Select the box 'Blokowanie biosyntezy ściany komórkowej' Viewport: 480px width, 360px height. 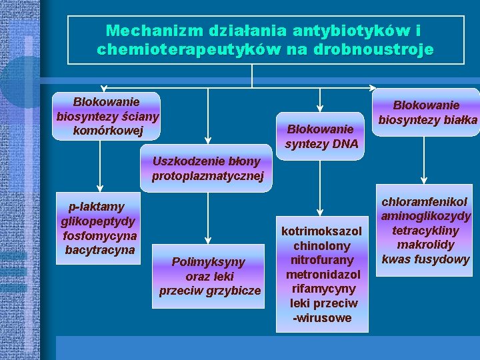[107, 116]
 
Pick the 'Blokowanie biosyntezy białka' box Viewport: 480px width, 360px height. [427, 113]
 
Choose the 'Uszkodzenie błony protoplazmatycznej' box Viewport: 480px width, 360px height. [207, 169]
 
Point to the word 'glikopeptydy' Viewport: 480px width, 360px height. [97, 221]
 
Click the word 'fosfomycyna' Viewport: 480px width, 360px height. [99, 236]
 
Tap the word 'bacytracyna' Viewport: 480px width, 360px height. [99, 250]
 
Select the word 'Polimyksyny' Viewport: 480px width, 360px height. [208, 261]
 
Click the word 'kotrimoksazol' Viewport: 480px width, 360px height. [322, 231]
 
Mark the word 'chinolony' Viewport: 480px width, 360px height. [322, 245]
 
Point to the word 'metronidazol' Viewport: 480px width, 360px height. [323, 274]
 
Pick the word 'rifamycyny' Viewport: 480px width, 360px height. [322, 289]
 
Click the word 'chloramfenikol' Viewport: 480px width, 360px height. [425, 201]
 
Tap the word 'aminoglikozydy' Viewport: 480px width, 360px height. [426, 216]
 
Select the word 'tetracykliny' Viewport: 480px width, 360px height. [426, 230]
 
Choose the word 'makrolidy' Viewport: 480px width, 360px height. [426, 245]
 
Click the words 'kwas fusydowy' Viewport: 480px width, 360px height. [426, 259]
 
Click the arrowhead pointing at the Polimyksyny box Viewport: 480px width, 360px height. [208, 241]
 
